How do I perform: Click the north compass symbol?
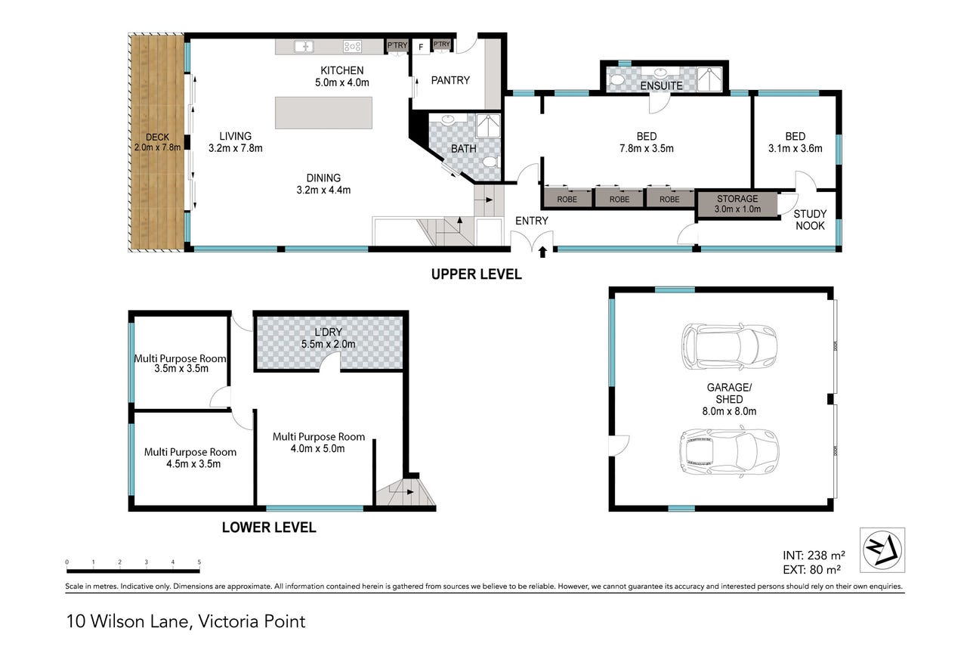click(882, 550)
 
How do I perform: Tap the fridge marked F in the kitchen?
click(421, 46)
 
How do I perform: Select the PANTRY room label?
click(450, 80)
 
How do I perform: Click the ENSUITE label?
click(661, 86)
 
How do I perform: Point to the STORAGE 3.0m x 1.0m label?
click(737, 203)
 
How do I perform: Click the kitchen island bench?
click(323, 113)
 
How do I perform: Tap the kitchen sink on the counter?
click(304, 46)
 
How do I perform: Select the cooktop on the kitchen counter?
click(352, 46)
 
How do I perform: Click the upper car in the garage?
click(729, 346)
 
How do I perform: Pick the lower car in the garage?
click(729, 452)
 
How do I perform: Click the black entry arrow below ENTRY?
click(542, 252)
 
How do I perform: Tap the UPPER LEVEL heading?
click(477, 274)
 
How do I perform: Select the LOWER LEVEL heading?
click(269, 528)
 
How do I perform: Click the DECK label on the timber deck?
click(157, 138)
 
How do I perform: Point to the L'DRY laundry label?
click(328, 333)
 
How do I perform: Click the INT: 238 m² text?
click(814, 555)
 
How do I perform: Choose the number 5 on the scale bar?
click(199, 562)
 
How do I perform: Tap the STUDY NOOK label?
click(810, 220)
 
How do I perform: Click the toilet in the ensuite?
click(616, 80)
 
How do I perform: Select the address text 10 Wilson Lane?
click(129, 621)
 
